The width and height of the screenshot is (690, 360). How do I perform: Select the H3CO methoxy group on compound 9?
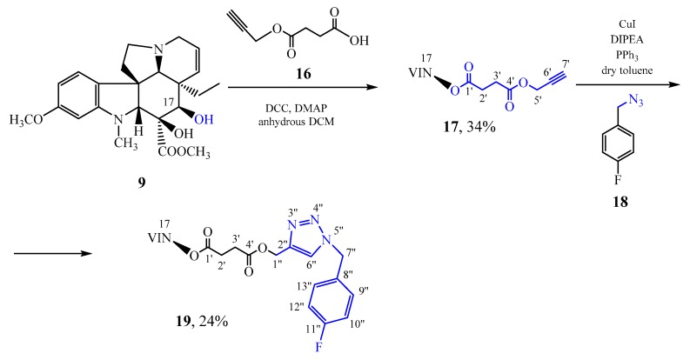26,117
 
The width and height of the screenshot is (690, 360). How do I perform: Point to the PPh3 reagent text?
625,48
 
